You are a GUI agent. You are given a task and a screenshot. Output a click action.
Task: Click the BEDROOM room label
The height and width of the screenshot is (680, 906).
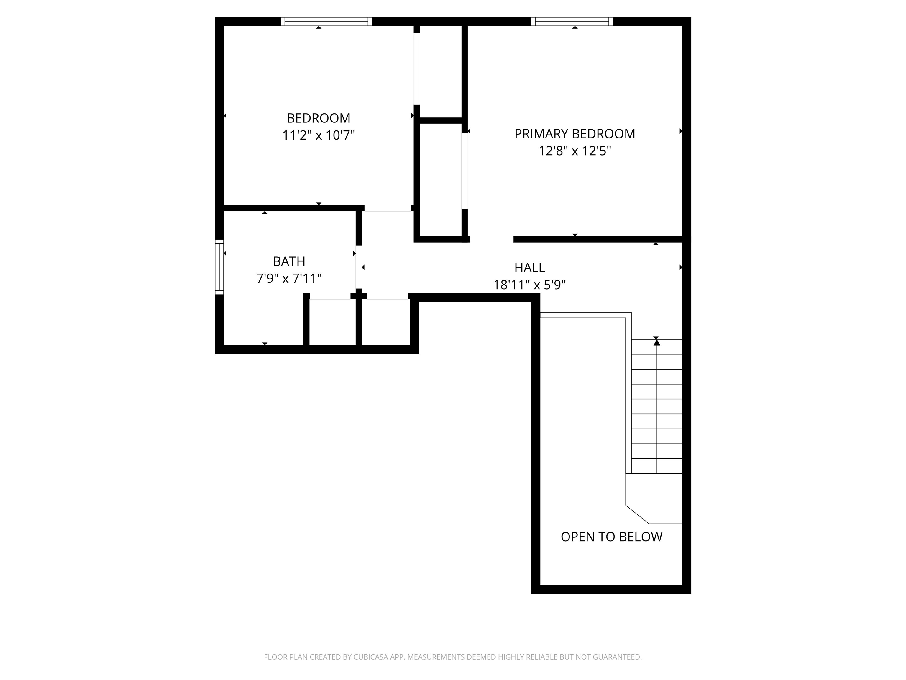click(318, 118)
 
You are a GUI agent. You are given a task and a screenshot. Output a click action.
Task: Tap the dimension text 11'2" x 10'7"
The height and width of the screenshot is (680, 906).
click(318, 135)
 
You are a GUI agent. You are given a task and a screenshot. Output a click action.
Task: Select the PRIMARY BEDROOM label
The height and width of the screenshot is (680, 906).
click(574, 134)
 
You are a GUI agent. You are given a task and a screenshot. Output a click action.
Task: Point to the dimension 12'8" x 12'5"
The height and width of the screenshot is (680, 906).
click(574, 151)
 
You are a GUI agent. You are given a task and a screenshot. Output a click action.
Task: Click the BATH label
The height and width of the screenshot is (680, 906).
click(289, 261)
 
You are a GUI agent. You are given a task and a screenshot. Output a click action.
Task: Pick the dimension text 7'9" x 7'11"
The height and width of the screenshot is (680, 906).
click(289, 279)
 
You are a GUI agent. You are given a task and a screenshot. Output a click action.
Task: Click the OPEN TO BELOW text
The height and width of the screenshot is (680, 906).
click(611, 537)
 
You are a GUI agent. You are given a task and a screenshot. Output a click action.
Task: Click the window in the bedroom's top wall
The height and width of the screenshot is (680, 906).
click(326, 21)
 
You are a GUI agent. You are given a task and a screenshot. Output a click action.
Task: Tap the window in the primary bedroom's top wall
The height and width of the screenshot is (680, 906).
click(572, 21)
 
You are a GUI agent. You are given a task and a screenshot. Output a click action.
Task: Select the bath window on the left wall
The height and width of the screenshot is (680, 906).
click(219, 267)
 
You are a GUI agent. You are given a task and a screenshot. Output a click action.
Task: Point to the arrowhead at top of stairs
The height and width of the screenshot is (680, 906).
click(656, 342)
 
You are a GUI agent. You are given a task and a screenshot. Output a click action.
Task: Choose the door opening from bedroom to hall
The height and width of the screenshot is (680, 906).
click(388, 208)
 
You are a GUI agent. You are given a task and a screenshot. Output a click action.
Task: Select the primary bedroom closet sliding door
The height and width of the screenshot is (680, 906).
click(465, 171)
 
